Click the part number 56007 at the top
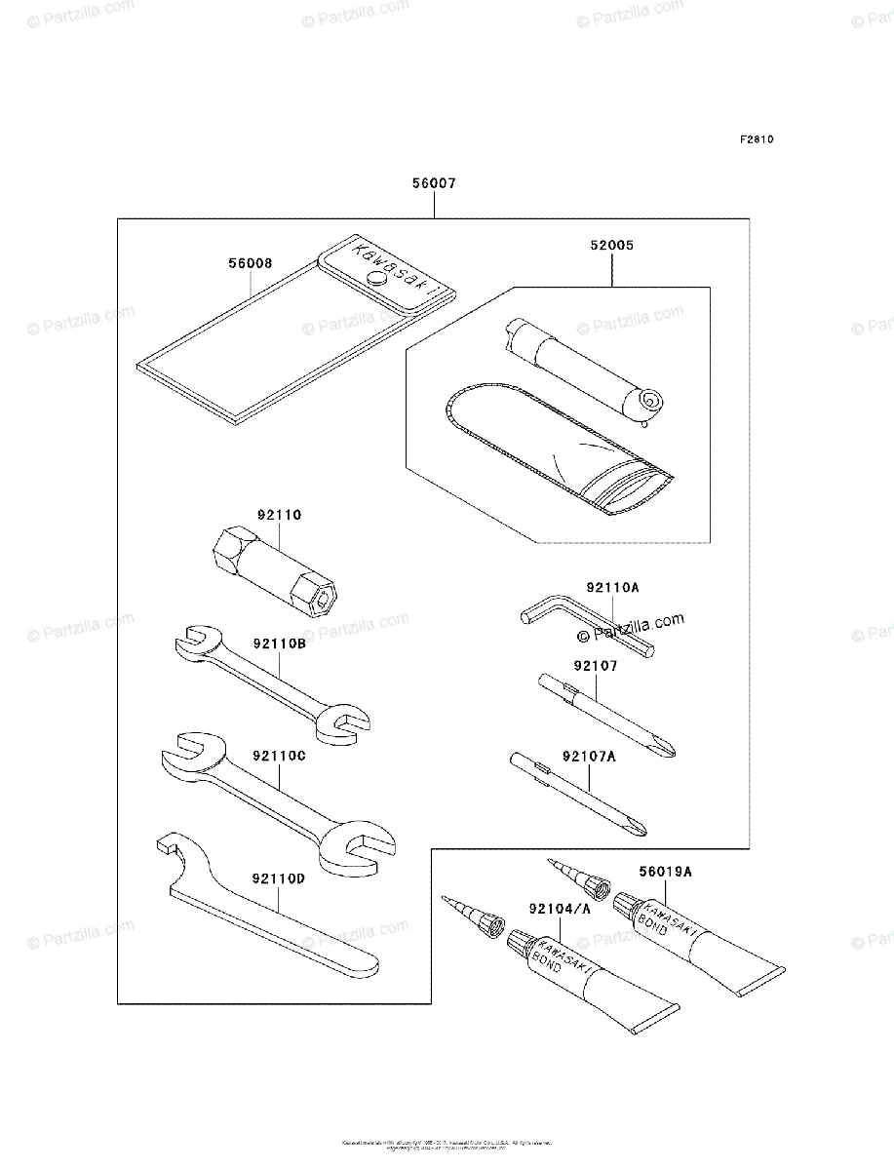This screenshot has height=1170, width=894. coord(433,182)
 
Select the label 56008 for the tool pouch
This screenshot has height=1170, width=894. coord(251,263)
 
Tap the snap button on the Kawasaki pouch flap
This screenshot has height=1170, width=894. coord(374,279)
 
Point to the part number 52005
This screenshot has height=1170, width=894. coord(611,247)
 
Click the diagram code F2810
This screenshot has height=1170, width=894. coord(756,139)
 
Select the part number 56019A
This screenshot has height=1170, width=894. coord(665,872)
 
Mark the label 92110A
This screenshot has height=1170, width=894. coord(612,588)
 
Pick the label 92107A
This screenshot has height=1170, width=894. coord(590,755)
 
